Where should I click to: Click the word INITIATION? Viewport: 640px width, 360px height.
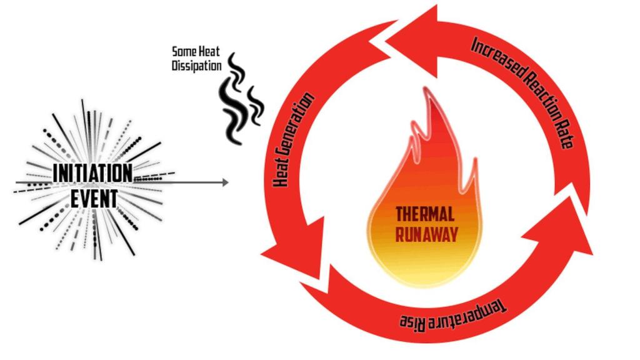92,173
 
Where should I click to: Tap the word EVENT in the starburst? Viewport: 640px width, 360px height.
93,199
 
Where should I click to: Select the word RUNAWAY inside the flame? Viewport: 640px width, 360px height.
426,234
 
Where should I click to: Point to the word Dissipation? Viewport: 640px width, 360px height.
197,65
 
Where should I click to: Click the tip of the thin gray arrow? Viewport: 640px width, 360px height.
228,182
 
